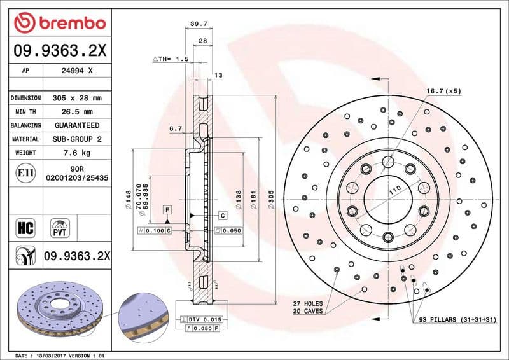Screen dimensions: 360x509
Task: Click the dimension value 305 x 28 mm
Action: (x=76, y=99)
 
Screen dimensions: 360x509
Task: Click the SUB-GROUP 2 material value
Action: (x=76, y=139)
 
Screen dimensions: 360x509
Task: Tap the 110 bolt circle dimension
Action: (x=394, y=190)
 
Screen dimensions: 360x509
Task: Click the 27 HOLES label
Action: (x=308, y=304)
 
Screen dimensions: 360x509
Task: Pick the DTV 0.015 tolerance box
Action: (x=202, y=318)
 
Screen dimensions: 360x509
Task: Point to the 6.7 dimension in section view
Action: (x=176, y=128)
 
